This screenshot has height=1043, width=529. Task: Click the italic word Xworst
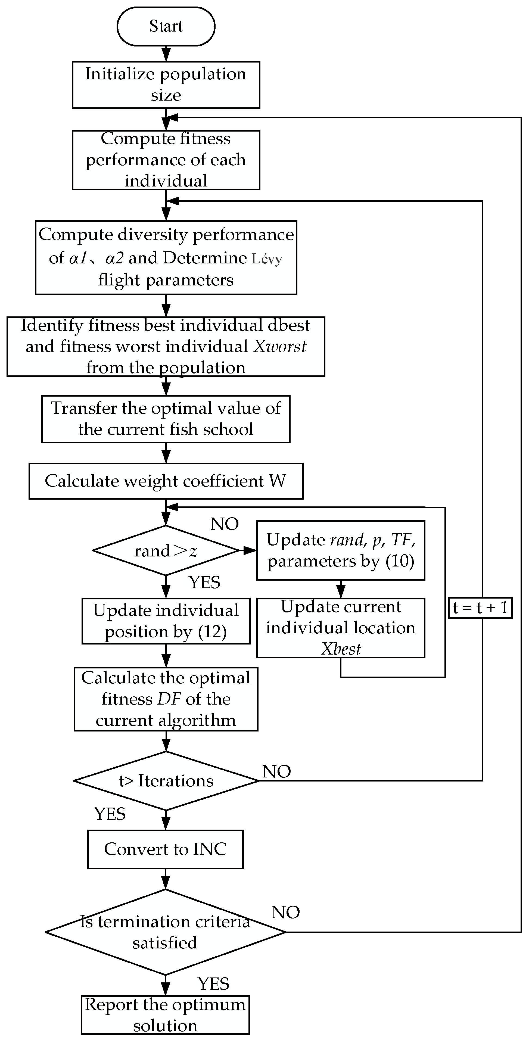[x=279, y=347]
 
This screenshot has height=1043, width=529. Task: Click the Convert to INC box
[x=165, y=849]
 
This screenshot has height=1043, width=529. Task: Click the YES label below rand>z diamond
[x=204, y=583]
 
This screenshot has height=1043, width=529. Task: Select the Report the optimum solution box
[x=165, y=1015]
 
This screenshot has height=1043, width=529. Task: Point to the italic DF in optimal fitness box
[x=169, y=699]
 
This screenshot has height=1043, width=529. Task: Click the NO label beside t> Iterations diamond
[x=277, y=772]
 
